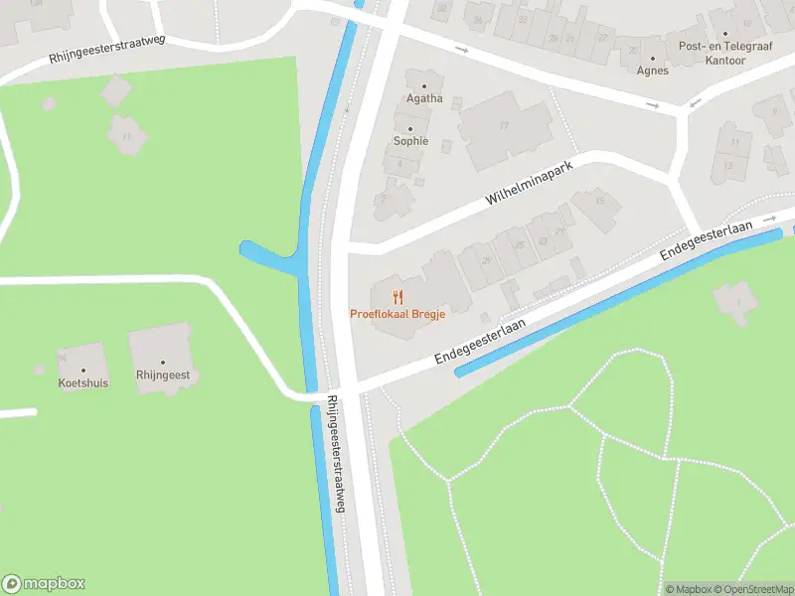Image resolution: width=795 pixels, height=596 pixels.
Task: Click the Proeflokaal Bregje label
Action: pos(397,314)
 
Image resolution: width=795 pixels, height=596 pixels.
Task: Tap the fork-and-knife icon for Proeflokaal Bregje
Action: pos(397,296)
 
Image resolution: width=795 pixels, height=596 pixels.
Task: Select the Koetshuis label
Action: pos(83,382)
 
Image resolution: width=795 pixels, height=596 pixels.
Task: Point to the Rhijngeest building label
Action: pos(164,375)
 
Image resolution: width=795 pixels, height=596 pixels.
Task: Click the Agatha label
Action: pos(424,98)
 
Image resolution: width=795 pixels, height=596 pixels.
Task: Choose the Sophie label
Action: pos(410,141)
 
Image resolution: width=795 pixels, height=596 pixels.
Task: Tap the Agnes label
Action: pos(653,71)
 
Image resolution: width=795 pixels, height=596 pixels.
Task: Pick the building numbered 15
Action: pos(600,201)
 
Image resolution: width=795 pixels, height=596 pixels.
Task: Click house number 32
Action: pos(524,19)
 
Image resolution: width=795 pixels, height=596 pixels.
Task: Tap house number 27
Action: pos(602,37)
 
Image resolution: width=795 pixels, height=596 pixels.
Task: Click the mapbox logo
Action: pos(44,584)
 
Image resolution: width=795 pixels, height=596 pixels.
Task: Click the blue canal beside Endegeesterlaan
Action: pos(616,303)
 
